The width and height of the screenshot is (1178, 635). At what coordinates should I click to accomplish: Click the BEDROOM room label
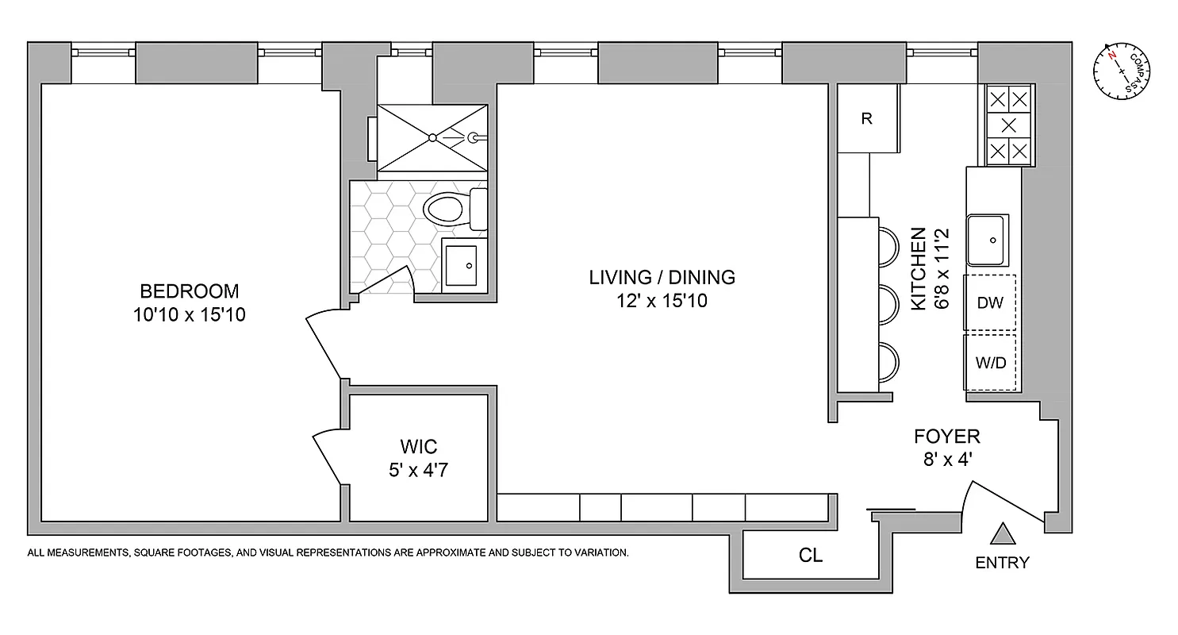189,291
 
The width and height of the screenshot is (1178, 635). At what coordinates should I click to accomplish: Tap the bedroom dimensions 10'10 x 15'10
189,315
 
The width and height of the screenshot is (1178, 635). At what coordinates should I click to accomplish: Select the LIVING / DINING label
662,277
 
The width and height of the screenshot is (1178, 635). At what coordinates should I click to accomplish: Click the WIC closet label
418,446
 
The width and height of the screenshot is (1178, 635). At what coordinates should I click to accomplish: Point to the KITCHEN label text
919,268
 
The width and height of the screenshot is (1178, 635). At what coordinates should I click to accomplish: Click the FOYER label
946,436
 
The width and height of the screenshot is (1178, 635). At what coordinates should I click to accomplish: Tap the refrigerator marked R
866,119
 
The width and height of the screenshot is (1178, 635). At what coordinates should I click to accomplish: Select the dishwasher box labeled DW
990,302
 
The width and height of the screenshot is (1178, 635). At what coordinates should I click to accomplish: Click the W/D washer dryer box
990,363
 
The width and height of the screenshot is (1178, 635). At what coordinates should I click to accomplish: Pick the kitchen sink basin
988,239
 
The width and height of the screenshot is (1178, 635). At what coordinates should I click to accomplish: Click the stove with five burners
1008,125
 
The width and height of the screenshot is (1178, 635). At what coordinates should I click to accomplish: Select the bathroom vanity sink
464,264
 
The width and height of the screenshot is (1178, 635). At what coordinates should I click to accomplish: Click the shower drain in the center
432,137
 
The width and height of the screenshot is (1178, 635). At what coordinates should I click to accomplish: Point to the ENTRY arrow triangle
1003,534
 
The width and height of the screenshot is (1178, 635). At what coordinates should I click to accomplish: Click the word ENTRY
1002,563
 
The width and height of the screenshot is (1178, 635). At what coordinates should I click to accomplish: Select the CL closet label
811,556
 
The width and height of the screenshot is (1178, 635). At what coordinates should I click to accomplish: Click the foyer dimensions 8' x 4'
946,460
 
